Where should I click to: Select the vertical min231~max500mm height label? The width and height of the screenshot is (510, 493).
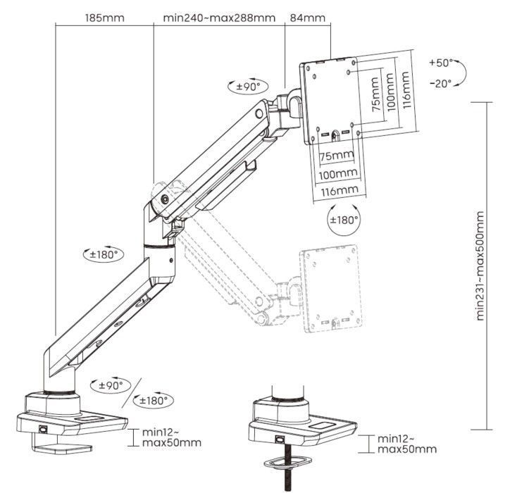(x=480, y=265)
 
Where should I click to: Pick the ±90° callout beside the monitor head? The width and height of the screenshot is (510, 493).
(x=249, y=87)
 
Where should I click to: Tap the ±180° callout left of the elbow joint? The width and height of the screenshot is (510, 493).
(x=102, y=254)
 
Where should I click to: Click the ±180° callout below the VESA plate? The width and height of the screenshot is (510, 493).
(x=344, y=220)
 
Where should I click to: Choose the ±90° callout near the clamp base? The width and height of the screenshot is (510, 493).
(x=111, y=385)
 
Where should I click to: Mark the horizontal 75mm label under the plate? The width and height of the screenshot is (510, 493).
(x=336, y=155)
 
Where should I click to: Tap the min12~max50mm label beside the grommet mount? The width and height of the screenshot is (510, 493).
(x=406, y=444)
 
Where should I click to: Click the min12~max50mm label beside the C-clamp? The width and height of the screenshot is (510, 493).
(x=172, y=437)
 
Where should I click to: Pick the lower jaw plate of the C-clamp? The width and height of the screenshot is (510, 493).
(x=63, y=447)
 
